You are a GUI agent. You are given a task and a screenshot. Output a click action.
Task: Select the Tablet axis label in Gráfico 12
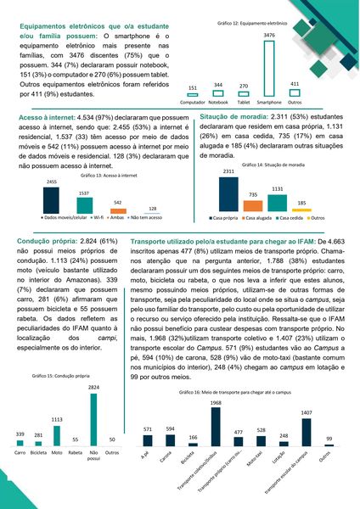(243, 100)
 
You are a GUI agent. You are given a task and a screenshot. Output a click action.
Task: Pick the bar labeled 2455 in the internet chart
(51, 199)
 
